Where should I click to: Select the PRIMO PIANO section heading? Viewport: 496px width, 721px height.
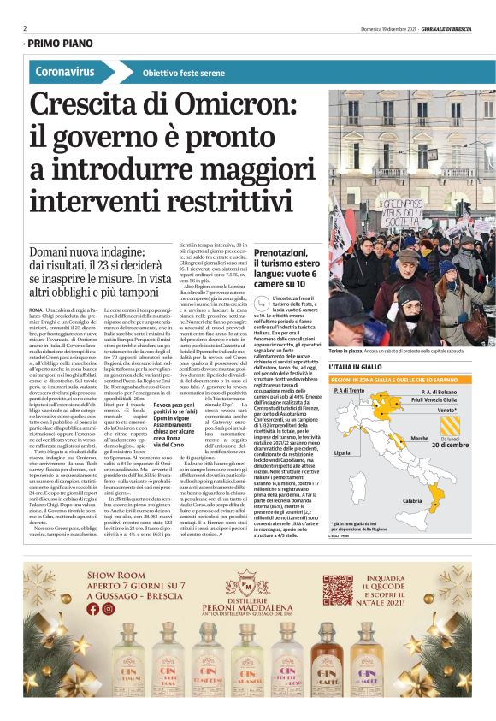[59, 43]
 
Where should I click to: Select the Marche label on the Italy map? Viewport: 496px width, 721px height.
[419, 438]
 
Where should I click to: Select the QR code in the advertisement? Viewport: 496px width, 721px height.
[338, 590]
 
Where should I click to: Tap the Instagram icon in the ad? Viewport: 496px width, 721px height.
[107, 609]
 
